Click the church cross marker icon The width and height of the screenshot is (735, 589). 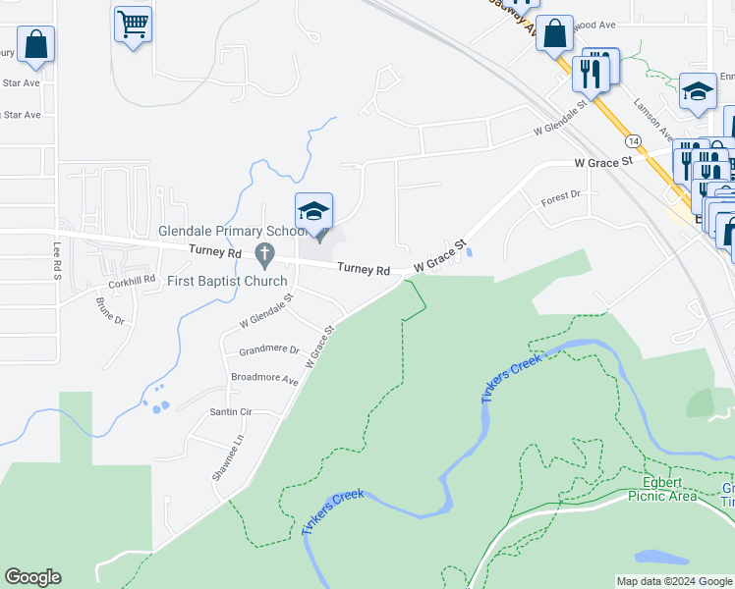tap(263, 255)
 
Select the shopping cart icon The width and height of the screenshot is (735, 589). tap(133, 24)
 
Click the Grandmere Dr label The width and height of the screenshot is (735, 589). tap(268, 349)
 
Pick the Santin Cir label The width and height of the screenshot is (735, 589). tap(231, 412)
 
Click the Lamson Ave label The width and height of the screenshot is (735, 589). tap(651, 119)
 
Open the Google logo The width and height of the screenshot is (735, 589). tap(32, 577)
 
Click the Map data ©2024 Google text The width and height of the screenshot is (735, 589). tap(673, 581)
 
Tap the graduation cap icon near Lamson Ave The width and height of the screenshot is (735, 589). tap(698, 92)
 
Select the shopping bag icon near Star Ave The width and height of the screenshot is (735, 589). tap(35, 45)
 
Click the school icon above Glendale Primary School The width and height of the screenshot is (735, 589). tap(314, 211)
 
